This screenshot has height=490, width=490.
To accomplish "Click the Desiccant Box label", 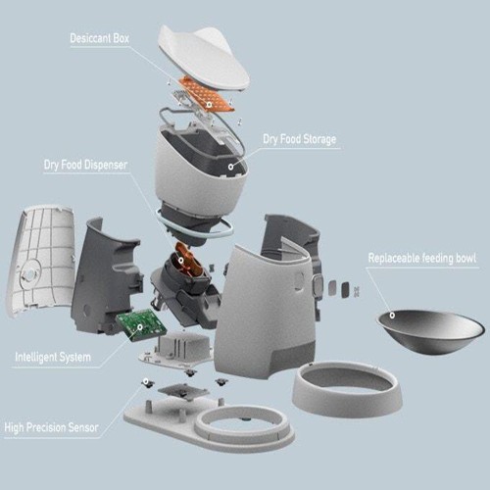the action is click(100, 38).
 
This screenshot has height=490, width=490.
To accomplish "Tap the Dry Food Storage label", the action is click(300, 139).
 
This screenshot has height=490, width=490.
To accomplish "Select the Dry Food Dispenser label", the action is click(85, 165).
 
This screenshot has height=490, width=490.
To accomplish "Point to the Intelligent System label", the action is click(53, 357).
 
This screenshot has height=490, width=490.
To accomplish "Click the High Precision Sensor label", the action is click(51, 427).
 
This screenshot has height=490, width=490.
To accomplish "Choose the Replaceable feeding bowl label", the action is click(422, 258).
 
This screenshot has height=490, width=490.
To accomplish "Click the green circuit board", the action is click(137, 325).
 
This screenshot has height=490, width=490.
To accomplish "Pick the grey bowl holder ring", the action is click(347, 389).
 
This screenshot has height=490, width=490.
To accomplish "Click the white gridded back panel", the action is click(41, 263).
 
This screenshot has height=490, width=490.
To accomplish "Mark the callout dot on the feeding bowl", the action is click(392, 316).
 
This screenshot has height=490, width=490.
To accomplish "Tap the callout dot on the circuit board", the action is click(140, 326).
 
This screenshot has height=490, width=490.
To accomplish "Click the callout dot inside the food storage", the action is click(230, 167).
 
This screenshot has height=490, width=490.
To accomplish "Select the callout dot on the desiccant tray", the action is click(209, 105).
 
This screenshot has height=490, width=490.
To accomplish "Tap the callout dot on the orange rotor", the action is click(180, 261).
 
